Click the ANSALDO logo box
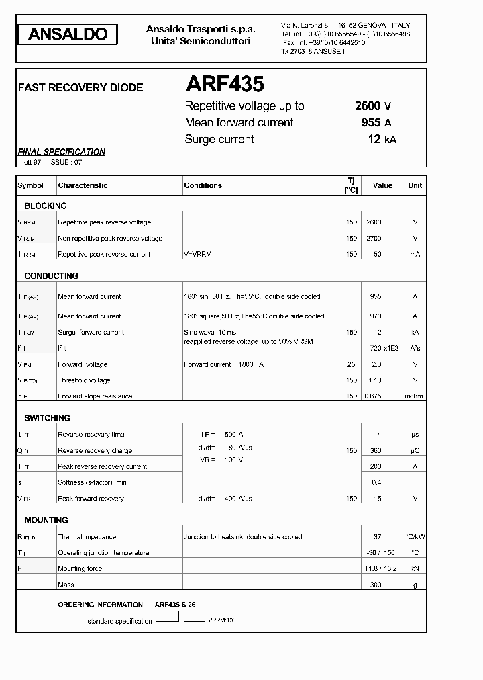[67, 34]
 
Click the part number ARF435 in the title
[224, 84]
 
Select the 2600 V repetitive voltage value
[373, 105]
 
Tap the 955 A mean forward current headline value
[376, 122]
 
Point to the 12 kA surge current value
[382, 139]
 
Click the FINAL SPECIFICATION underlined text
[61, 152]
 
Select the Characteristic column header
[83, 185]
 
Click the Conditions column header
[203, 185]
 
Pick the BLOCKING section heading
[46, 206]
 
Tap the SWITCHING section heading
[47, 418]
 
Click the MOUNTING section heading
[46, 521]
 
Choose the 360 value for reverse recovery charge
[376, 451]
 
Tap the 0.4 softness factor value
[376, 483]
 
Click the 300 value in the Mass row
[376, 585]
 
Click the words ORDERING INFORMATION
[100, 605]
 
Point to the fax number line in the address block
[323, 42]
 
